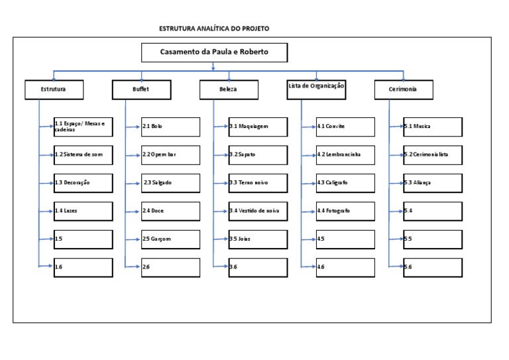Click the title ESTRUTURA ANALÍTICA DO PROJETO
[214, 29]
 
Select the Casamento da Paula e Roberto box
[214, 52]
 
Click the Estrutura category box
[54, 89]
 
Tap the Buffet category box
[140, 89]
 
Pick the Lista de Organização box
[315, 88]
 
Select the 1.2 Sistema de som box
[83, 154]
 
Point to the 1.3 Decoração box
[83, 183]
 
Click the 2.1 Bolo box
[170, 127]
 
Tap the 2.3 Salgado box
[170, 183]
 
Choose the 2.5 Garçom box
[170, 239]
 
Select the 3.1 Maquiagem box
[258, 127]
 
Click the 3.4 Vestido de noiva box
[258, 211]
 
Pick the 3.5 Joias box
[258, 239]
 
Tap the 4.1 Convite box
[345, 127]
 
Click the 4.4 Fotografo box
[345, 211]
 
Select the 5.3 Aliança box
[433, 183]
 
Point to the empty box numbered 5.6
[433, 267]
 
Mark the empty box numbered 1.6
[83, 267]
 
